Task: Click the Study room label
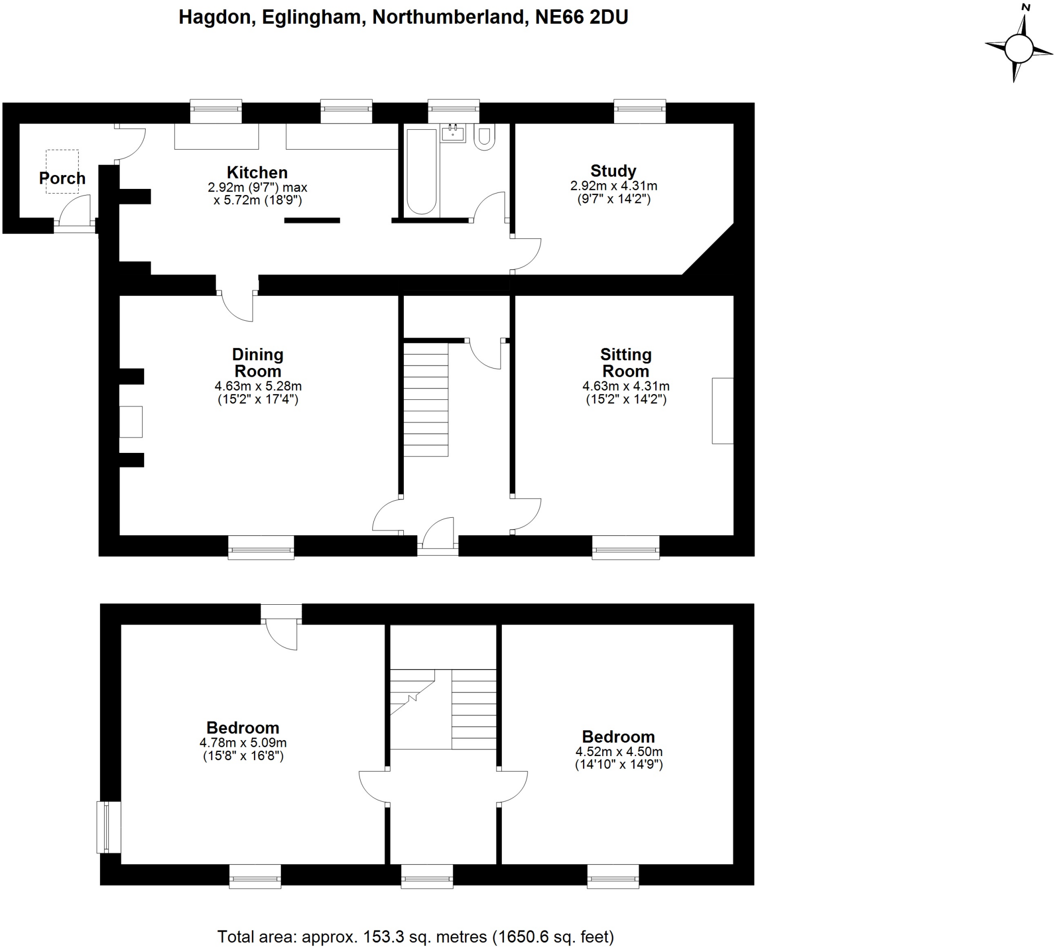pyautogui.click(x=613, y=171)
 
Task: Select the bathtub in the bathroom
pyautogui.click(x=421, y=171)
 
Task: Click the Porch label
pyautogui.click(x=62, y=179)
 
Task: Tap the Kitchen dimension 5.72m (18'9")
pyautogui.click(x=258, y=200)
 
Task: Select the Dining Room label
pyautogui.click(x=258, y=363)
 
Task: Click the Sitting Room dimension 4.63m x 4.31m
pyautogui.click(x=625, y=386)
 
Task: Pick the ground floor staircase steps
pyautogui.click(x=426, y=399)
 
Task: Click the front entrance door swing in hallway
pyautogui.click(x=438, y=533)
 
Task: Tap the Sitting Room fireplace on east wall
pyautogui.click(x=722, y=411)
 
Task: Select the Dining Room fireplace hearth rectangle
pyautogui.click(x=131, y=422)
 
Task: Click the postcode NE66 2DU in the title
pyautogui.click(x=582, y=17)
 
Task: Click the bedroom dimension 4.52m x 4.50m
pyautogui.click(x=619, y=751)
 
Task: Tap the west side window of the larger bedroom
pyautogui.click(x=108, y=827)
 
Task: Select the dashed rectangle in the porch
pyautogui.click(x=62, y=172)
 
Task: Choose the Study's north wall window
pyautogui.click(x=639, y=111)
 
